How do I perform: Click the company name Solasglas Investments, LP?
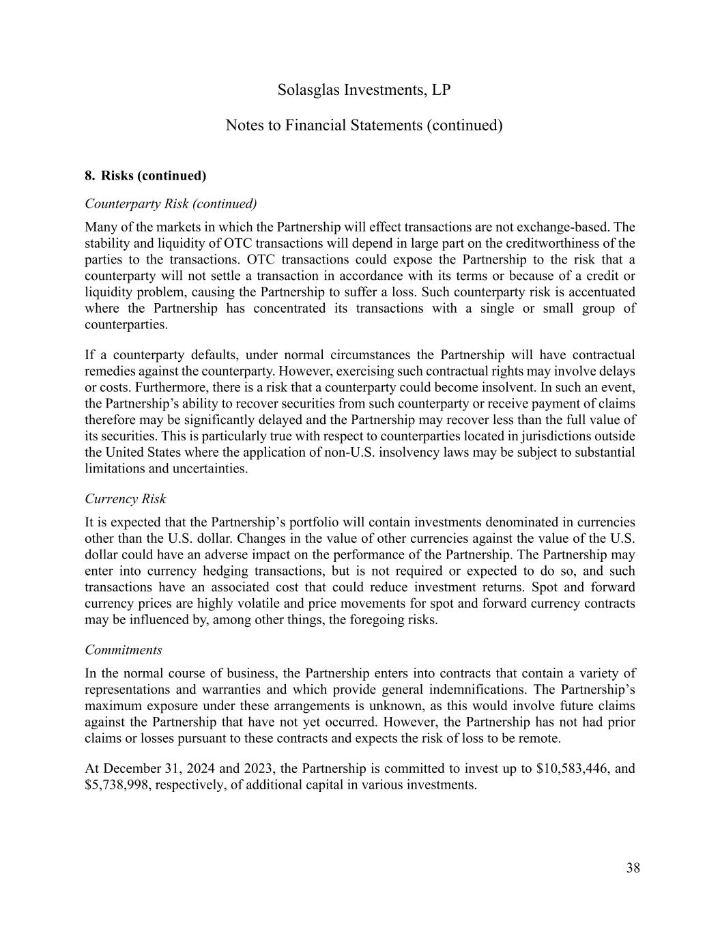coord(364,90)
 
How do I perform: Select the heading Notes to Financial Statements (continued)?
coord(364,126)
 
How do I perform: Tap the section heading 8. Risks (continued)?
coord(145,175)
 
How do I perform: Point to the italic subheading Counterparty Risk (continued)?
coord(171,203)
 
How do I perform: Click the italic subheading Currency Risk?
coord(125,499)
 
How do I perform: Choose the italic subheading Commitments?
coord(123,650)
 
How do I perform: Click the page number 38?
coord(633,868)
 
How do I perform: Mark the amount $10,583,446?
coord(573,769)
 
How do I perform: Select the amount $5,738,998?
coord(117,785)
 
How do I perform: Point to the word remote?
coord(540,739)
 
